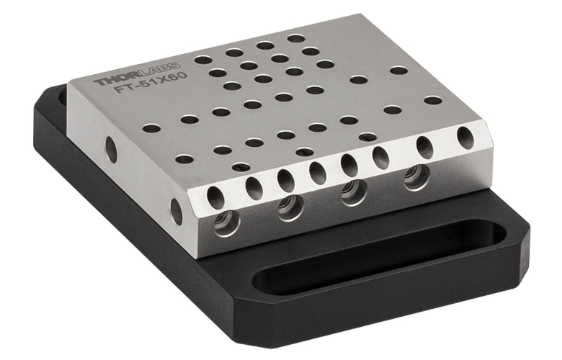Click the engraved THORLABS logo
(x=136, y=73)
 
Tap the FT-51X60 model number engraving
(x=151, y=83)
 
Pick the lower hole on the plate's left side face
(x=177, y=212)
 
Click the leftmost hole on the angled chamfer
(x=215, y=198)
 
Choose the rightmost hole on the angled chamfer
(x=465, y=138)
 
